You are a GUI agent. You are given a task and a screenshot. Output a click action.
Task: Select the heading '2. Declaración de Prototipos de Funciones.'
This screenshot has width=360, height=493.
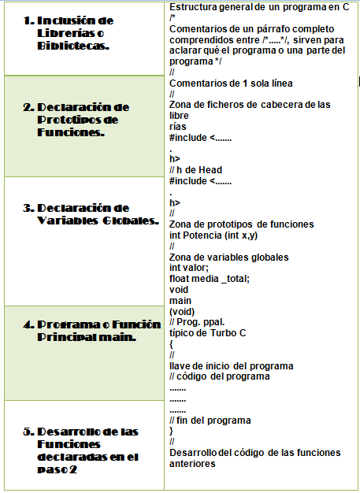[77, 119]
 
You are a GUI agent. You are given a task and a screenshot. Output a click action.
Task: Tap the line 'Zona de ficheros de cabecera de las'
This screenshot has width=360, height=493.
[250, 105]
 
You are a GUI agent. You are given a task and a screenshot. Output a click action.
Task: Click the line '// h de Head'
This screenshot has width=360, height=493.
[195, 170]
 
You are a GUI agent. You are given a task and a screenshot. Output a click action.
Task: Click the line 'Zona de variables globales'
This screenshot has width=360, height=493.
[228, 258]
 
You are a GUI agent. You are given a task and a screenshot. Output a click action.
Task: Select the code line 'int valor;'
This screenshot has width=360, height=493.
[189, 268]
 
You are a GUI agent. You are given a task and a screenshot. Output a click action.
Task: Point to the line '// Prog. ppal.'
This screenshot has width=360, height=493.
[197, 322]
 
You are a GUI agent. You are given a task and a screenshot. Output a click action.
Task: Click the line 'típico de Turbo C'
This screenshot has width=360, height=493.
[207, 333]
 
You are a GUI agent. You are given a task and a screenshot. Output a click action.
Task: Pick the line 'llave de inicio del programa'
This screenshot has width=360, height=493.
[232, 365]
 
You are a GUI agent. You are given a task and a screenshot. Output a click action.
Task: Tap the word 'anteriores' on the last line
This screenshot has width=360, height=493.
[192, 463]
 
